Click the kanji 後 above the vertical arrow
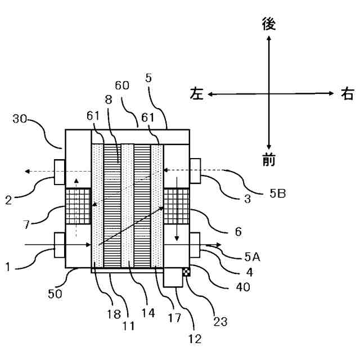click(x=269, y=24)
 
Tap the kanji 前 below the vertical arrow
click(x=269, y=160)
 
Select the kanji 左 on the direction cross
click(x=197, y=93)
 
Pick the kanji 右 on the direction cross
click(x=347, y=93)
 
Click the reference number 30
click(x=20, y=119)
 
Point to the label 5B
click(x=277, y=193)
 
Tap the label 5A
click(x=253, y=256)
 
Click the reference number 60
click(x=122, y=85)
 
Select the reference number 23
click(x=220, y=322)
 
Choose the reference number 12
click(x=195, y=339)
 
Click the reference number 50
click(x=55, y=294)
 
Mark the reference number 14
click(x=148, y=313)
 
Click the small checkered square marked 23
click(x=186, y=272)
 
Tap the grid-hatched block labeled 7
click(x=79, y=206)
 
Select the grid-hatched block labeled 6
click(x=176, y=206)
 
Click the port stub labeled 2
click(x=60, y=172)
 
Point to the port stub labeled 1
click(x=60, y=245)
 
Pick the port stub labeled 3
click(x=195, y=171)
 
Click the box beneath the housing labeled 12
click(x=173, y=277)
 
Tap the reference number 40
click(x=243, y=287)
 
